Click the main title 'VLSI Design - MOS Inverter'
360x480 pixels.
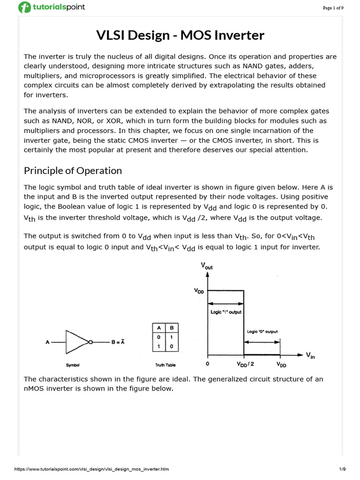click(x=180, y=35)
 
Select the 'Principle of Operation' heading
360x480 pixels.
click(x=73, y=171)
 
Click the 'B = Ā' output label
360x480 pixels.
click(x=118, y=342)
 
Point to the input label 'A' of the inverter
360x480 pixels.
click(x=47, y=342)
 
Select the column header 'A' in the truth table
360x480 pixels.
click(x=159, y=328)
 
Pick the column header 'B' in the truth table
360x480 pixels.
click(x=172, y=328)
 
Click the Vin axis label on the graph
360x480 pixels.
click(x=311, y=355)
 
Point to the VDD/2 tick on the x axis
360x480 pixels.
click(x=244, y=364)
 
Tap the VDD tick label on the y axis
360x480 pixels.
click(x=199, y=291)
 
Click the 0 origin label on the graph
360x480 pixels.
click(x=208, y=364)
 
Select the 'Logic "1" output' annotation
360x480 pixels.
click(x=224, y=311)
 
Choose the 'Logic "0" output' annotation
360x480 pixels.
click(x=262, y=331)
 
